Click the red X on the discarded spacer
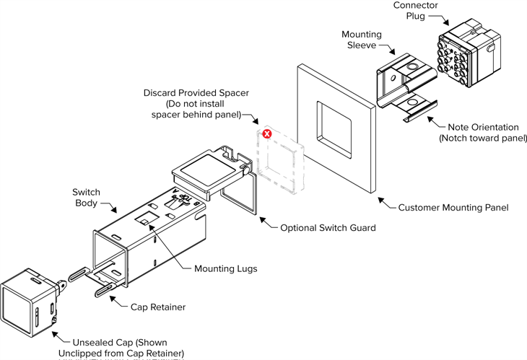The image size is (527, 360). pyautogui.click(x=266, y=134)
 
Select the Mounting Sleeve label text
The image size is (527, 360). pyautogui.click(x=362, y=40)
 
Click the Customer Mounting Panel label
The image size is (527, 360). pyautogui.click(x=453, y=208)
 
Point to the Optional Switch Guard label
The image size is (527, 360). pyautogui.click(x=328, y=228)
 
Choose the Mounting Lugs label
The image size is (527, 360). pyautogui.click(x=226, y=269)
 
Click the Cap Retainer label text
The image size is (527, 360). pyautogui.click(x=158, y=307)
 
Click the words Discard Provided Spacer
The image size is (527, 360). pyautogui.click(x=196, y=94)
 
